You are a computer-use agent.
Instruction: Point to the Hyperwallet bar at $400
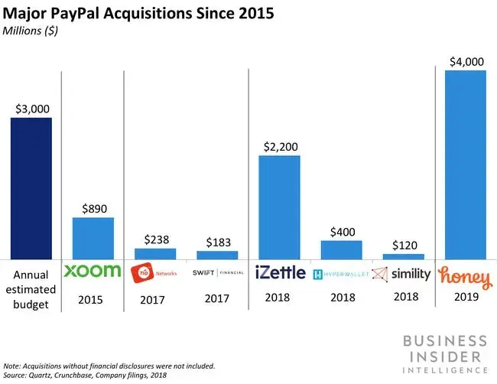[341, 249]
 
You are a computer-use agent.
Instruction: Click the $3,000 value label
[31, 107]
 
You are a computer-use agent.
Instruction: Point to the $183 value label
[217, 242]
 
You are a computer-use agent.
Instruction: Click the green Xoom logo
[93, 271]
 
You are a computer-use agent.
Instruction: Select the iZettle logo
[279, 272]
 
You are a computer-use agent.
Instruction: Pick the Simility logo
[402, 272]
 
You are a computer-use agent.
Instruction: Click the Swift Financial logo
[217, 272]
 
